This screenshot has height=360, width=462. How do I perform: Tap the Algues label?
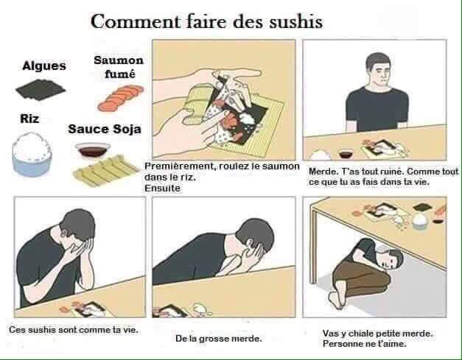pos(44,66)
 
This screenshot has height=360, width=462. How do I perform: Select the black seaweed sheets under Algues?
pos(41,88)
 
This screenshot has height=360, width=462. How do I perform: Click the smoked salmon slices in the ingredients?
pos(121,98)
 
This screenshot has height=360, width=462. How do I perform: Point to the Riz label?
pos(29,119)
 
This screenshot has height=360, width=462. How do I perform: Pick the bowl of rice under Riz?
pos(32,155)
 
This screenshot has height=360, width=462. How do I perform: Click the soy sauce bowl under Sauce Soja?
pos(93,149)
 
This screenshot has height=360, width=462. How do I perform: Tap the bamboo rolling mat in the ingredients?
pos(106,170)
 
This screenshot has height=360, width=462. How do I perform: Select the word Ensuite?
pos(162,188)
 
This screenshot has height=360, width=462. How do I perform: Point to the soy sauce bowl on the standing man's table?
pos(346,154)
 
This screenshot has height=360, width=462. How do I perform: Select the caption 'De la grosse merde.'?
pos(219,339)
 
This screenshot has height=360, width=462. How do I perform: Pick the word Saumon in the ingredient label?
pos(119,60)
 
